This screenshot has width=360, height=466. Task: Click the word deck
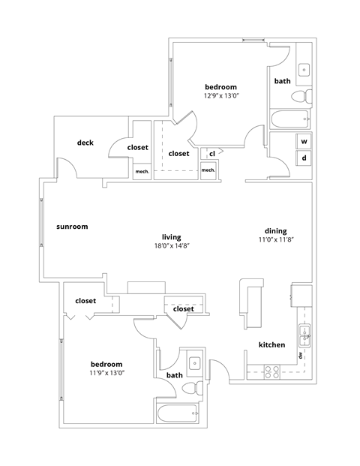(x=85, y=142)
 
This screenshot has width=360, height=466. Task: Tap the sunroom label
(x=73, y=226)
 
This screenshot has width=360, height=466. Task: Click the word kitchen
(x=271, y=344)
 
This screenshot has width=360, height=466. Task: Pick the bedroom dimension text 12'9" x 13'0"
(x=220, y=96)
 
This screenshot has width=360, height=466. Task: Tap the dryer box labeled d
(x=304, y=158)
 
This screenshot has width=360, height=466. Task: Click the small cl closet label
(x=212, y=153)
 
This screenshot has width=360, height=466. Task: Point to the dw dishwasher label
(x=299, y=355)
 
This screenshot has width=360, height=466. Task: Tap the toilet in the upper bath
(x=301, y=95)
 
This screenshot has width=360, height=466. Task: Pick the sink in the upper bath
(x=304, y=70)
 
